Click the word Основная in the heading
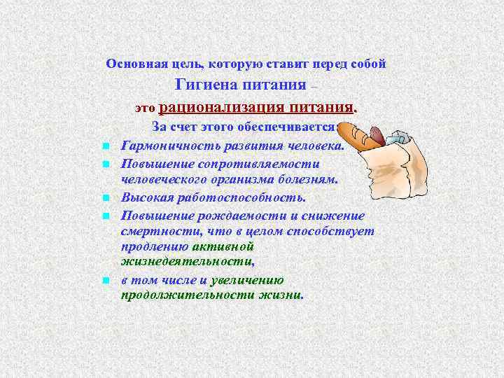click(131, 64)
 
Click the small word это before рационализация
click(146, 109)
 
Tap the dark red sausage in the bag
click(377, 134)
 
